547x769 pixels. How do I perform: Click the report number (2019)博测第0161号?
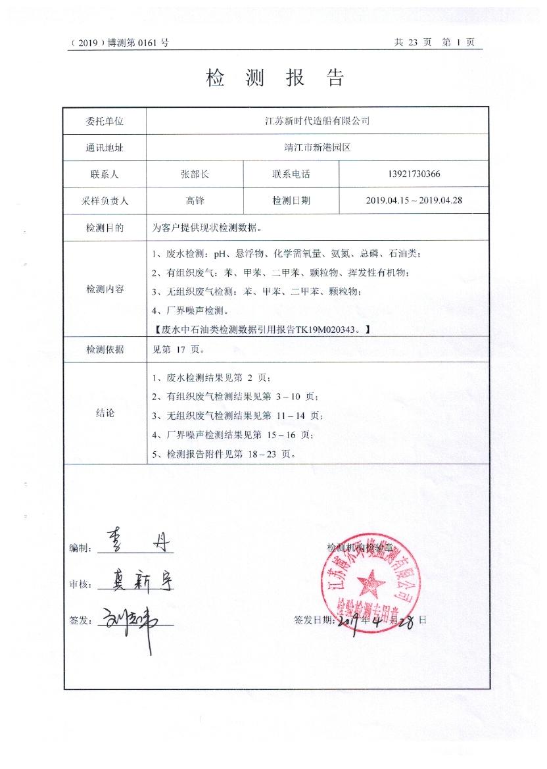point(119,43)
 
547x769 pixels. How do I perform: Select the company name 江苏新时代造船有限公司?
point(317,121)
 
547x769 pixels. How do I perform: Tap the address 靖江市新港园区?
point(317,148)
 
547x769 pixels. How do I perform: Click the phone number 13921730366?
point(414,174)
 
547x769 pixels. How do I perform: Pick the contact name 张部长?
point(195,174)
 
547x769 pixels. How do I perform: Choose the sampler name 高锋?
point(195,201)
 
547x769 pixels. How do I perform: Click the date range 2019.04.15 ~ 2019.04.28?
point(414,201)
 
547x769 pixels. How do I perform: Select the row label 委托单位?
point(105,121)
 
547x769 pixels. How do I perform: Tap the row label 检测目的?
point(105,228)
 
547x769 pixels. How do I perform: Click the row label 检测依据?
point(105,349)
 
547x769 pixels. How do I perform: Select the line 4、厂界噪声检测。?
point(190,310)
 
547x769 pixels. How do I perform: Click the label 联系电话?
point(291,174)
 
